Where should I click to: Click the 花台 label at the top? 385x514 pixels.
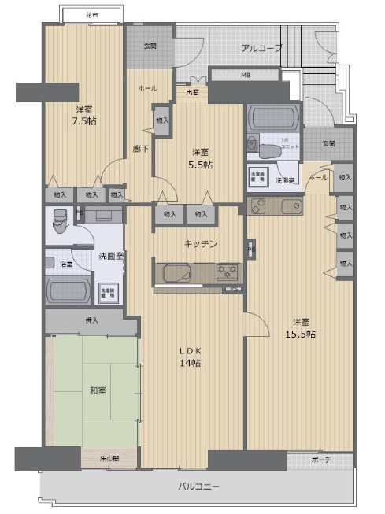(x=91, y=15)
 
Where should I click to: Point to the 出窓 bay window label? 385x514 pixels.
(x=191, y=92)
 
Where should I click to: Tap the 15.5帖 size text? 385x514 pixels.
(x=300, y=335)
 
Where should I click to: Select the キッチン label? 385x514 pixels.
(x=201, y=243)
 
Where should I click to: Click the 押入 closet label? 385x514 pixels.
(x=92, y=320)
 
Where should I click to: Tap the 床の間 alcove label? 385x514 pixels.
(x=110, y=458)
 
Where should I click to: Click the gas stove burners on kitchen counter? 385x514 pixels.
(x=227, y=272)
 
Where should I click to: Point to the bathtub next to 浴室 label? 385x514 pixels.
(x=71, y=290)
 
